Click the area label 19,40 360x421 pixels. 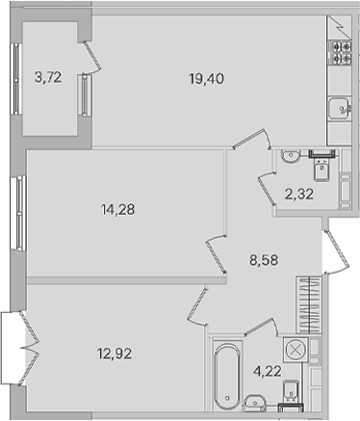click(206, 79)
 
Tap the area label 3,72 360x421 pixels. click(48, 77)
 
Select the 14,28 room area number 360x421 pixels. click(117, 210)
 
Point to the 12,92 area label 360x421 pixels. click(115, 354)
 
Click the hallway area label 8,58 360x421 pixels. click(264, 260)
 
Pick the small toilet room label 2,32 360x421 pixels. click(299, 194)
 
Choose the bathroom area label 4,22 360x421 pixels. click(268, 372)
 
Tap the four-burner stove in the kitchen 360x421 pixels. click(340, 52)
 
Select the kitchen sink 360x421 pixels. click(340, 108)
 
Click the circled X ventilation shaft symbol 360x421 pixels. click(296, 350)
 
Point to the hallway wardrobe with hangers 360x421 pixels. click(308, 304)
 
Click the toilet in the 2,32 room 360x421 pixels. click(321, 169)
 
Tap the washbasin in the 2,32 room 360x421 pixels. click(291, 156)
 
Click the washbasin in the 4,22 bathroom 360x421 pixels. click(255, 403)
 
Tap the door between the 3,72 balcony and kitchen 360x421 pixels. click(92, 57)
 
